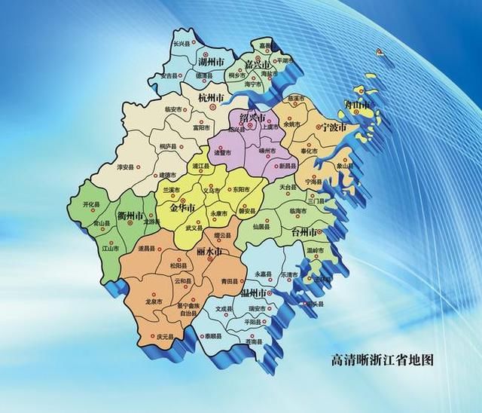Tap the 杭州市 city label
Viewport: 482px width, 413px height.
(x=211, y=98)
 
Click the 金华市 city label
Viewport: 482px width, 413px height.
(x=183, y=207)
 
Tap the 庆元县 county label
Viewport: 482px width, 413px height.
(x=165, y=336)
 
